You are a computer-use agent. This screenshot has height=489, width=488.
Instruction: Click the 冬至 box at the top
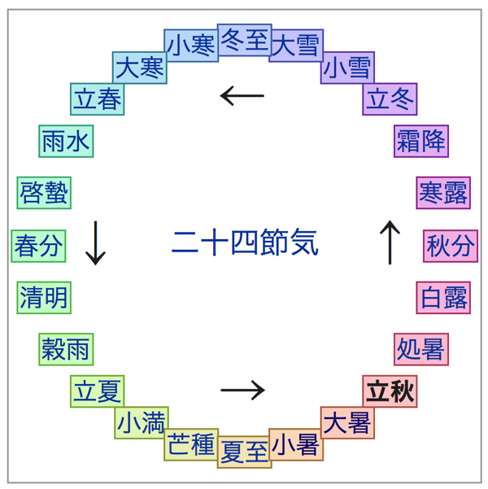tap(245, 40)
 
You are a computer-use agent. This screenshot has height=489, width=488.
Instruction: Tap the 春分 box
tap(38, 246)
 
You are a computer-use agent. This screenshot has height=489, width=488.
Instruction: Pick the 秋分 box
tap(451, 246)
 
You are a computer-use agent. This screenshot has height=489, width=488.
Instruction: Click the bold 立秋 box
tap(390, 391)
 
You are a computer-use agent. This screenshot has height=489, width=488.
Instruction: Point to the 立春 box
tap(98, 98)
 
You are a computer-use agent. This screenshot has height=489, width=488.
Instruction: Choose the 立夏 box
tap(98, 391)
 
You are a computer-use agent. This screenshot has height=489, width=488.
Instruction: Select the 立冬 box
tap(390, 98)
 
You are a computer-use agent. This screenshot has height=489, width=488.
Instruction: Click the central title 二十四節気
tap(245, 242)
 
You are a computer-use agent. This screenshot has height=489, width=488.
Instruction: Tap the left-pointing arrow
tap(242, 96)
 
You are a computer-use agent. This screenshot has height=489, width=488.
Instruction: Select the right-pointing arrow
tap(242, 391)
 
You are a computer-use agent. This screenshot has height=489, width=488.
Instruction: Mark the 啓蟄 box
tap(44, 193)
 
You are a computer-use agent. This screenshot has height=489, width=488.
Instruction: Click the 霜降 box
tap(421, 141)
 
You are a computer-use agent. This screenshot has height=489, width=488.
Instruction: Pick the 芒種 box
tap(191, 444)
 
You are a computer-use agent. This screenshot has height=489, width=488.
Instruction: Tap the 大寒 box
tap(140, 68)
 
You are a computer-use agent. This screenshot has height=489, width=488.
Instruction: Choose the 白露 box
tap(444, 298)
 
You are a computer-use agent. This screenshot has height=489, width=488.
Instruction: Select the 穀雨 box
tap(66, 349)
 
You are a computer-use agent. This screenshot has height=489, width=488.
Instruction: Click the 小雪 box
tap(348, 68)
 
